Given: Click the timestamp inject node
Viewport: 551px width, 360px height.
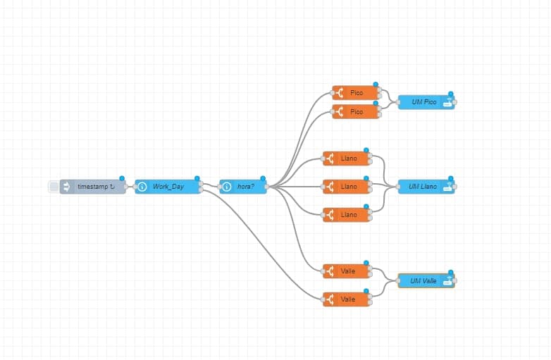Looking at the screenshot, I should [x=94, y=187].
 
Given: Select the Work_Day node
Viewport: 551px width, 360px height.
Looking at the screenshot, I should [x=168, y=187].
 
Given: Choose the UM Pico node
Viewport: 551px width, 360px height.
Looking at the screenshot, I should [x=424, y=102].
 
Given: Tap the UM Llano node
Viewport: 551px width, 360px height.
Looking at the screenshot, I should [x=424, y=187].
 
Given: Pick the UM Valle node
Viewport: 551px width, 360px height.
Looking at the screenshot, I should [x=424, y=281].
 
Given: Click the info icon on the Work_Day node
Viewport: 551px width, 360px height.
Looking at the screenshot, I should [x=142, y=187].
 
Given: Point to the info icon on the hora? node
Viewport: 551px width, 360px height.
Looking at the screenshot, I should [x=227, y=187].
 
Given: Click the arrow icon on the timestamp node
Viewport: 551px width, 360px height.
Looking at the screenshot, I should [x=67, y=187].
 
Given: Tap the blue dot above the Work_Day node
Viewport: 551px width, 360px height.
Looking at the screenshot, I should [x=197, y=178].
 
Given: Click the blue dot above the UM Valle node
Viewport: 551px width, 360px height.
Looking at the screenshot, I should [x=451, y=273].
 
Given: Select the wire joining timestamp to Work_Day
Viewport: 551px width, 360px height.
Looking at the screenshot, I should [x=130, y=187].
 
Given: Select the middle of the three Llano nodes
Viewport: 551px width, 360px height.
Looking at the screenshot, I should [x=347, y=187].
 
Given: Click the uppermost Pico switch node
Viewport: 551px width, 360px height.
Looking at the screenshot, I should [x=356, y=93].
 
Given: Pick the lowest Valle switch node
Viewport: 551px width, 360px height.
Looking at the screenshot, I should [x=347, y=299].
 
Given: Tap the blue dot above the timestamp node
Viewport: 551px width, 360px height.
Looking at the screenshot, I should [x=122, y=178].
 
